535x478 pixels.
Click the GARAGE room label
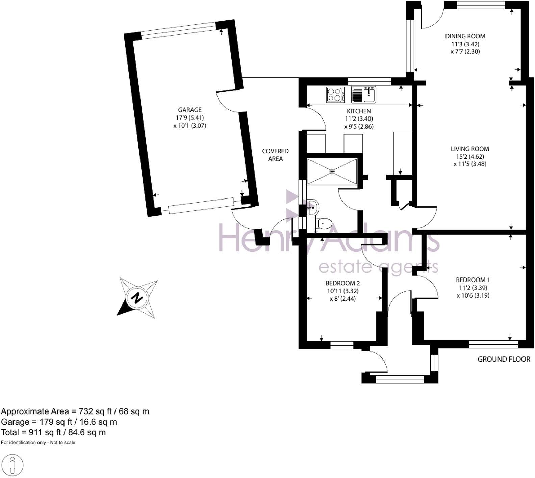(x=189, y=110)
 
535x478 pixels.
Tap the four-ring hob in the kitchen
(x=335, y=95)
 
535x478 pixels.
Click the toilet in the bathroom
(x=324, y=223)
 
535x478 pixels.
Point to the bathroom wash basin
(x=312, y=207)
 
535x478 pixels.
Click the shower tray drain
(x=332, y=171)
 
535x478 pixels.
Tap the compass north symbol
(x=137, y=298)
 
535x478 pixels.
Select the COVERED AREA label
(x=275, y=155)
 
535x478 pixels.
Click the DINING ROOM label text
(x=465, y=36)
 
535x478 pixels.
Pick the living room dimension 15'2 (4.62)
(x=469, y=157)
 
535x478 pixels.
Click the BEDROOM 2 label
(x=342, y=283)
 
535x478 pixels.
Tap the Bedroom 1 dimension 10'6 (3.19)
(x=473, y=296)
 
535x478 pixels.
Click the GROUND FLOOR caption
(x=504, y=359)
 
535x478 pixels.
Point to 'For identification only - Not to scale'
(x=38, y=442)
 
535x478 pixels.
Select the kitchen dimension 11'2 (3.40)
(x=359, y=119)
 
